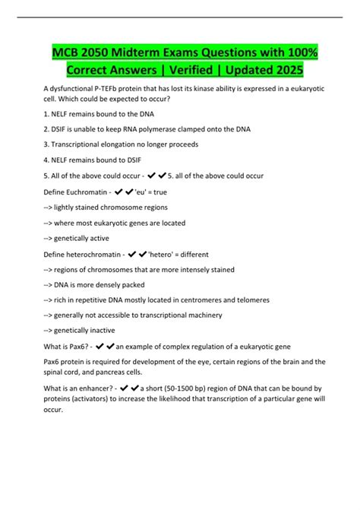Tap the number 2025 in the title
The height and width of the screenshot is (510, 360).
[x=284, y=70]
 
